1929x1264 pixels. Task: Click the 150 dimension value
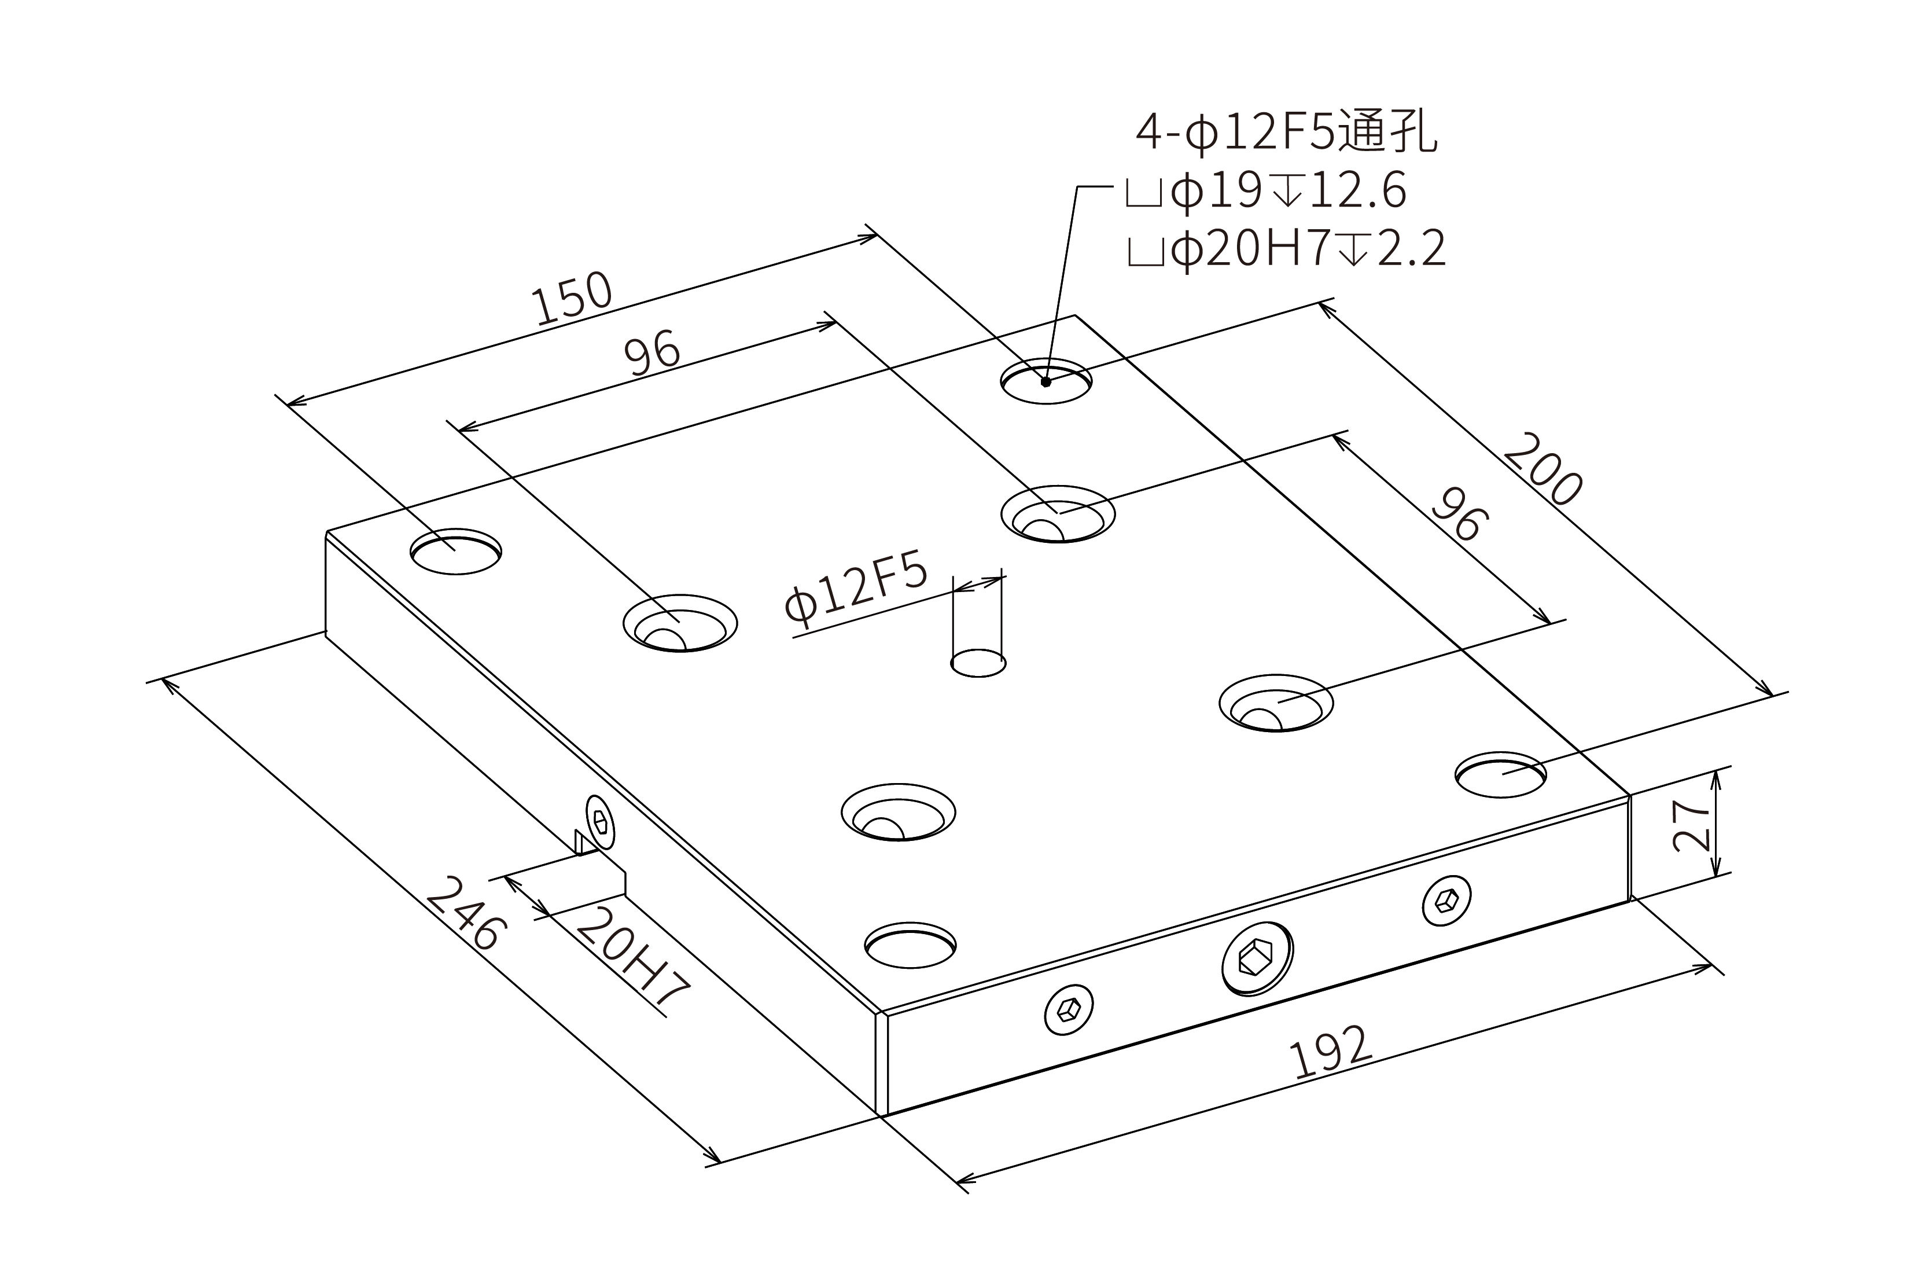572,299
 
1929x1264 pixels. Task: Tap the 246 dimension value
466,913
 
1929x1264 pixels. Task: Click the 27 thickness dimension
1691,825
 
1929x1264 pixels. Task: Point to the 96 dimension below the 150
653,354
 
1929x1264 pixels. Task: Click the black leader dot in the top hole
1046,381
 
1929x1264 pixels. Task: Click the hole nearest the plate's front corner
910,945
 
